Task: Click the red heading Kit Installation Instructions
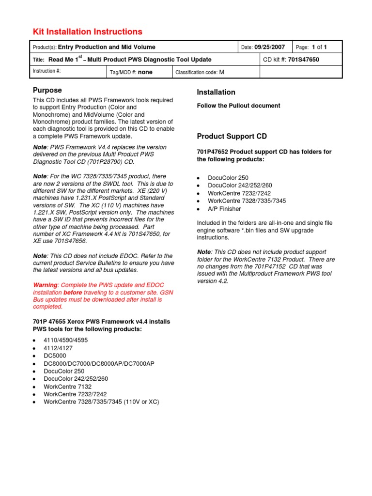(87, 32)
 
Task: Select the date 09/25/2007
(270, 47)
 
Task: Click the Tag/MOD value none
(145, 72)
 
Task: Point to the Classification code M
(222, 72)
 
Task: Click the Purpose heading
(47, 90)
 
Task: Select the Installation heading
(216, 92)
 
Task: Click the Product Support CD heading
(232, 136)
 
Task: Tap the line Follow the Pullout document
(238, 106)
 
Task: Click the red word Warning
(45, 285)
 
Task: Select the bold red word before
(73, 292)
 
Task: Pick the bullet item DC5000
(55, 356)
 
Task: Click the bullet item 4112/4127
(59, 348)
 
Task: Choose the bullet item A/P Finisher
(224, 209)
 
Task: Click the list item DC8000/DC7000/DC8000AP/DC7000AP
(99, 363)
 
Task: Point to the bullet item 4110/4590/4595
(66, 340)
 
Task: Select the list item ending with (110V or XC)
(101, 402)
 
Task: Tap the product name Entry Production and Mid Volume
(107, 47)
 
